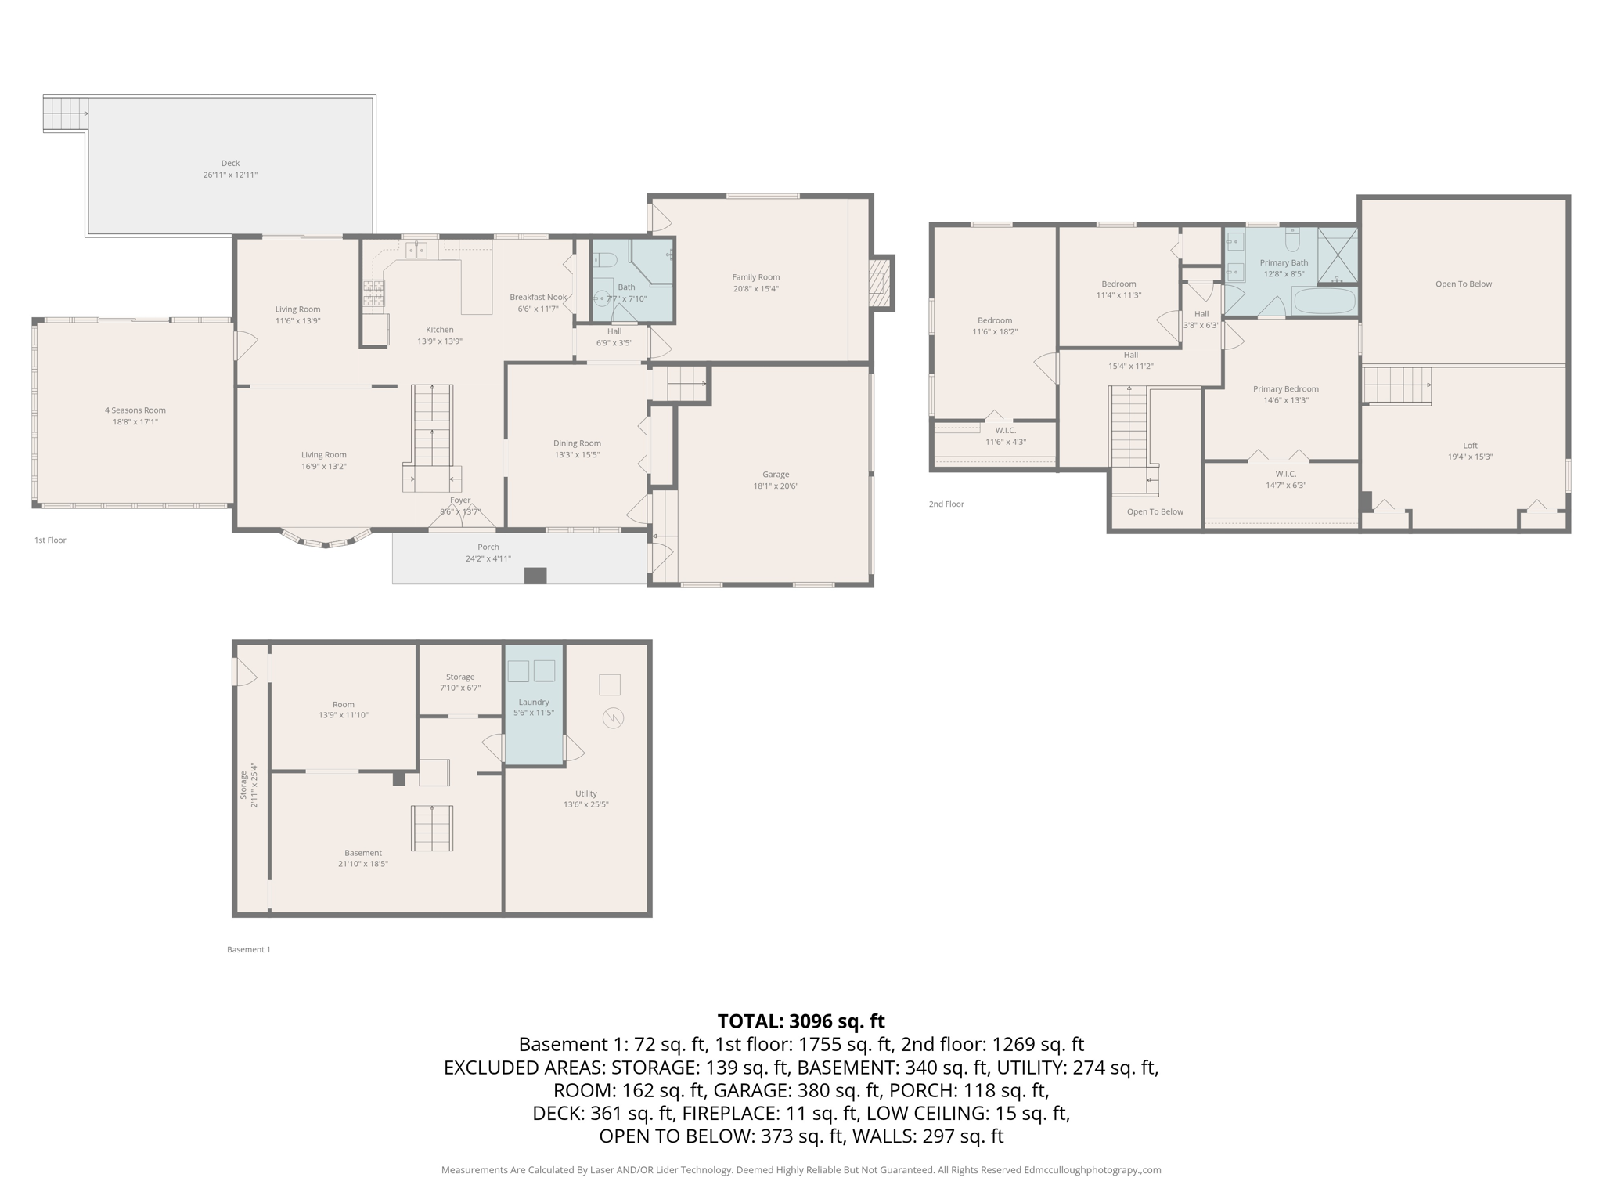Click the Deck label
pyautogui.click(x=230, y=164)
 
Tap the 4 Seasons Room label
pyautogui.click(x=135, y=410)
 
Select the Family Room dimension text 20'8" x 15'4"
pyautogui.click(x=755, y=289)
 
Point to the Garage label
pyautogui.click(x=776, y=475)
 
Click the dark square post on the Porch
pyautogui.click(x=535, y=576)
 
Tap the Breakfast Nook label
pyautogui.click(x=538, y=298)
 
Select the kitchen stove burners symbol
pyautogui.click(x=374, y=292)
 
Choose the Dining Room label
pyautogui.click(x=577, y=443)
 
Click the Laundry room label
pyautogui.click(x=534, y=703)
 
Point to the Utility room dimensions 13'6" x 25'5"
pyautogui.click(x=585, y=804)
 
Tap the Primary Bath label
pyautogui.click(x=1284, y=263)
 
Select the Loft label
pyautogui.click(x=1470, y=446)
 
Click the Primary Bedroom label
pyautogui.click(x=1285, y=389)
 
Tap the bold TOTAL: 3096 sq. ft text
pyautogui.click(x=801, y=1021)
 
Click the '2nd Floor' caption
pyautogui.click(x=946, y=504)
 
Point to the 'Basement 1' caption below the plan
pyautogui.click(x=249, y=950)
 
